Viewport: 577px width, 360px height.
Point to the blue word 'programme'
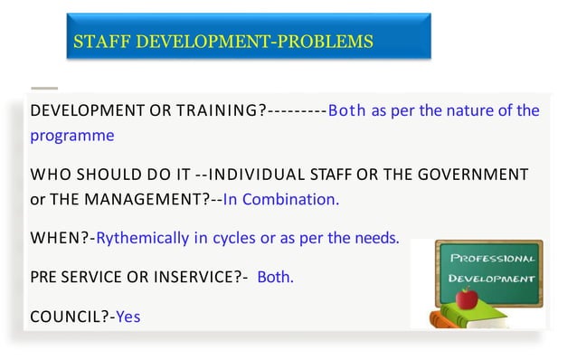pyautogui.click(x=72, y=136)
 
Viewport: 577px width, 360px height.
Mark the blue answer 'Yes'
pyautogui.click(x=128, y=317)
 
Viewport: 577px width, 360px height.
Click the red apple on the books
pyautogui.click(x=468, y=297)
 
